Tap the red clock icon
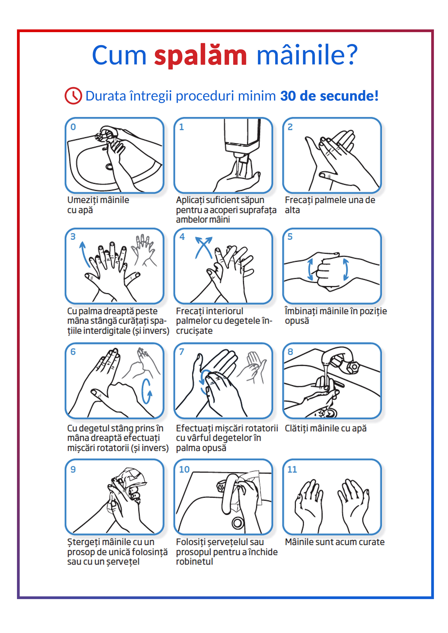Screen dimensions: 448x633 (73, 96)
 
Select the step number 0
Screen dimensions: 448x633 (73, 127)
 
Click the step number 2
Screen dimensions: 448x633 (290, 127)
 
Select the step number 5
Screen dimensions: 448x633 (290, 237)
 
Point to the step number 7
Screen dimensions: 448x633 (182, 352)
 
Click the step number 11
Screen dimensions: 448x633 (292, 470)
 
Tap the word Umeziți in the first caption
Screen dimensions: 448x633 (84, 200)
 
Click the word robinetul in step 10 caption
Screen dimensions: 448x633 (195, 562)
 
